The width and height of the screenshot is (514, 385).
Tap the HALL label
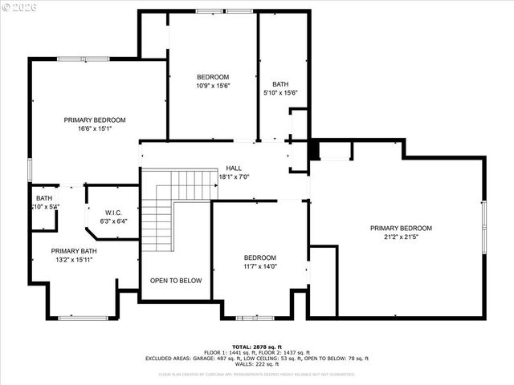[234, 168]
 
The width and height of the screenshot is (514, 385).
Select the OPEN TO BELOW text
[176, 281]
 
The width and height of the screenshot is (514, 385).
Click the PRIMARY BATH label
[74, 251]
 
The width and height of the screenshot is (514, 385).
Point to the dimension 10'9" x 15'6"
[213, 86]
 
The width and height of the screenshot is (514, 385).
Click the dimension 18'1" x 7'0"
[234, 176]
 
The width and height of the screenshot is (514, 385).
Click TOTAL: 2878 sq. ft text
[256, 346]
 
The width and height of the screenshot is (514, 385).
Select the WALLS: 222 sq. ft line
[256, 365]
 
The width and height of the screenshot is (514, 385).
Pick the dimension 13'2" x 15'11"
[74, 260]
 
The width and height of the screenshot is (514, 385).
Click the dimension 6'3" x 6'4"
[113, 221]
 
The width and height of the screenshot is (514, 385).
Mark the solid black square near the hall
[314, 151]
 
